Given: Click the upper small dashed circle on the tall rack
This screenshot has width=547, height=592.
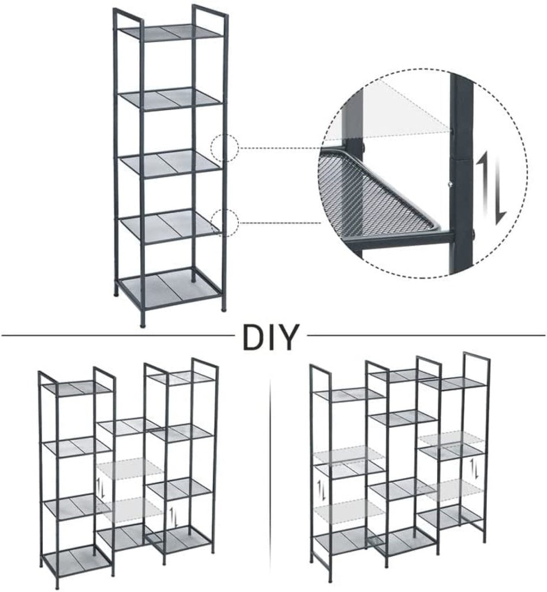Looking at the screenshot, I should pyautogui.click(x=224, y=148).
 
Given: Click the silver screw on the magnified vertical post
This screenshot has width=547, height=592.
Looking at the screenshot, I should pyautogui.click(x=450, y=184).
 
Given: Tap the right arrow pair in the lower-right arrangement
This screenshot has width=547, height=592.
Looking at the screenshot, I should pyautogui.click(x=476, y=469).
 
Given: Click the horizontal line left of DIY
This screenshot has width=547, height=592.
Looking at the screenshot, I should pyautogui.click(x=116, y=335).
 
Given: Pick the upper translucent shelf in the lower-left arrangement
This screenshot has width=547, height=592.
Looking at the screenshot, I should pyautogui.click(x=130, y=468).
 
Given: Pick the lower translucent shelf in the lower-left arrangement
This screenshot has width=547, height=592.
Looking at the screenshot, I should pyautogui.click(x=130, y=509).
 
